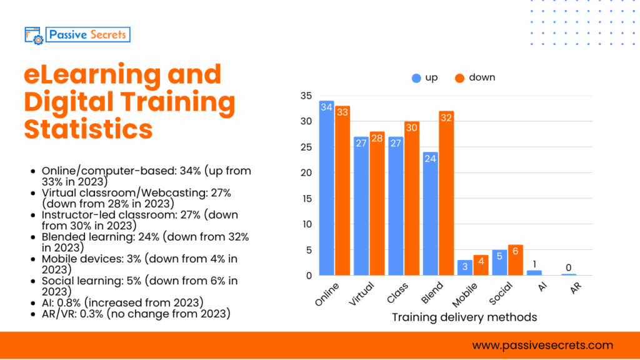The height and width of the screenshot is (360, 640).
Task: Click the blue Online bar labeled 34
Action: tap(326, 187)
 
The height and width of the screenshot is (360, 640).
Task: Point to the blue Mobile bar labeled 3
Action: tap(464, 267)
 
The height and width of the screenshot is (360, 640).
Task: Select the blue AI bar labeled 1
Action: tap(533, 272)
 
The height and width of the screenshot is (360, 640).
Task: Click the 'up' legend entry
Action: tap(425, 77)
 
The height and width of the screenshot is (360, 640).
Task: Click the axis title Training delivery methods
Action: tap(464, 317)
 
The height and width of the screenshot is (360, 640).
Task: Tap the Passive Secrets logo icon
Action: tap(33, 35)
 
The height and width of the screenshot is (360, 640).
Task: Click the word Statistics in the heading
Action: tap(88, 129)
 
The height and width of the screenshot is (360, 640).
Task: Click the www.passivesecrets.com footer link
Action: tap(542, 345)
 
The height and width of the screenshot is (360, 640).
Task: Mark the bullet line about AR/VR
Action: tap(136, 314)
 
